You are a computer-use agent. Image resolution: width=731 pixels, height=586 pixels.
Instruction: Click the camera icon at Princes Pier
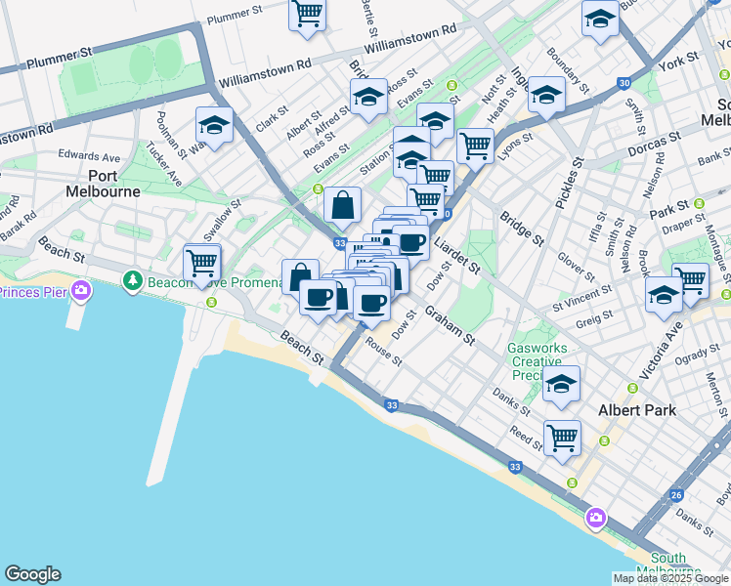[x=82, y=291]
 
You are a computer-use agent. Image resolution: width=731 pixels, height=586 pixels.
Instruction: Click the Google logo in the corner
[x=32, y=574]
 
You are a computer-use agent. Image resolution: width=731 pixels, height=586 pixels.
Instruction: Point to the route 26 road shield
[x=676, y=495]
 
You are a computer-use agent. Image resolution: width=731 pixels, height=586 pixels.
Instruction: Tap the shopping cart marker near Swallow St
[x=202, y=263]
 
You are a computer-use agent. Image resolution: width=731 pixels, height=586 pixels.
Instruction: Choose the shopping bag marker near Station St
[x=342, y=205]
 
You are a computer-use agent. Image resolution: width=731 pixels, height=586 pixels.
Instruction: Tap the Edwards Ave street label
[x=89, y=156]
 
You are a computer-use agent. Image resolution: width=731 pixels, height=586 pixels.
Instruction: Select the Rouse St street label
[x=382, y=351]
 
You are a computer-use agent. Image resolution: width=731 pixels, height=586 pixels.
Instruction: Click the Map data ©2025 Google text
[x=670, y=578]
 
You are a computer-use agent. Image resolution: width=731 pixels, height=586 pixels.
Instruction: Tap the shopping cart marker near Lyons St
[x=475, y=146]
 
